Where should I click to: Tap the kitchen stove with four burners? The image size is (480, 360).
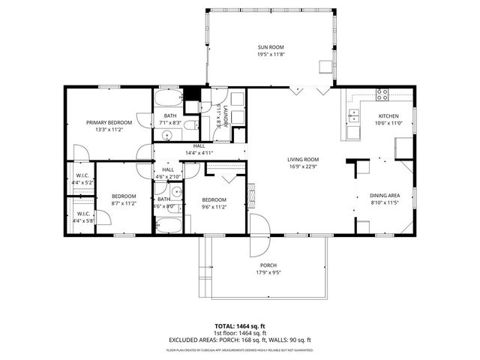point(382,94)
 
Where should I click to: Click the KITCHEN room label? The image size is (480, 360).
point(388,116)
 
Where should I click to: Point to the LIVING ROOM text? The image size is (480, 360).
point(303,159)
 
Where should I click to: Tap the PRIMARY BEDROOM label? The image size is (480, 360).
point(109,122)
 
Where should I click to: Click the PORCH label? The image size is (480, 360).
point(268,265)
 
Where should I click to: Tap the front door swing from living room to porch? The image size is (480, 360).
point(259,225)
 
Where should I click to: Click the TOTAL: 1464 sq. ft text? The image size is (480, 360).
point(239,326)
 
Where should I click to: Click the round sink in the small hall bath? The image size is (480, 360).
point(174,191)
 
